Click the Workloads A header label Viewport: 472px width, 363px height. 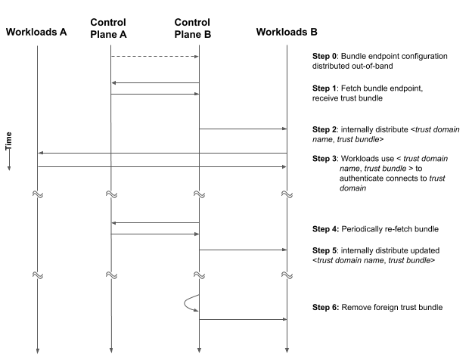coord(36,33)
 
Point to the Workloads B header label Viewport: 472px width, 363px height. coord(287,33)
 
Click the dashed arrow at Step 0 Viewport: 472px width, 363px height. coord(154,56)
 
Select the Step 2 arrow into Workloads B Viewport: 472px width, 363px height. coord(243,129)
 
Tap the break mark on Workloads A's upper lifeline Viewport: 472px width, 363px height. coord(37,194)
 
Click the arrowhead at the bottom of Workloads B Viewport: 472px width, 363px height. coord(287,350)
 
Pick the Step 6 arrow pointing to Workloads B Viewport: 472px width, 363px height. coord(243,319)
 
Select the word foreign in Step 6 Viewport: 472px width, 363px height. coord(391,308)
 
